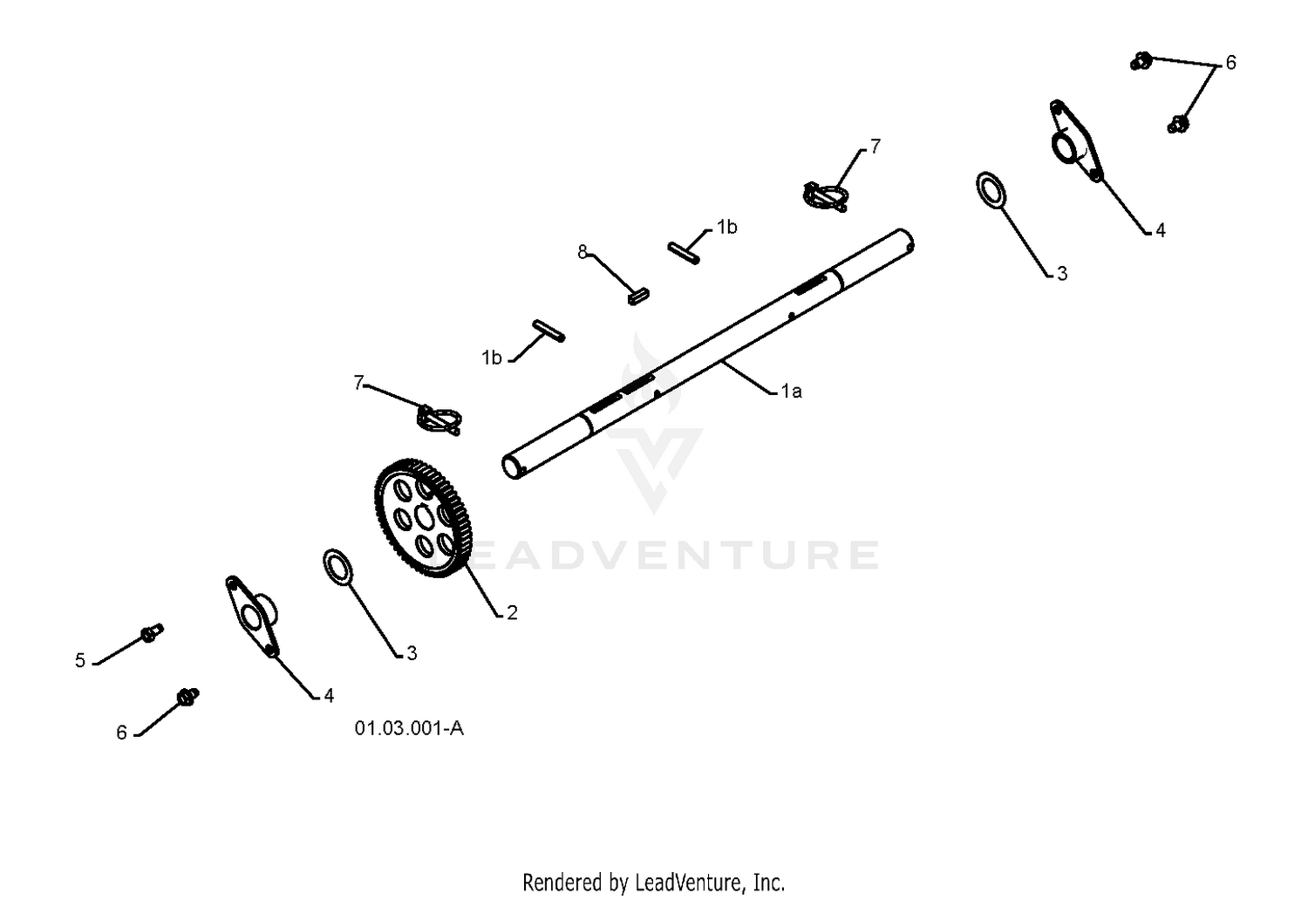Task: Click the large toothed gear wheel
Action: [423, 517]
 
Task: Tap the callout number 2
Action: [512, 613]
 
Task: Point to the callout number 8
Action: [582, 252]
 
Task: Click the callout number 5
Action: [80, 660]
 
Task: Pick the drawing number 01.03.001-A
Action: [409, 728]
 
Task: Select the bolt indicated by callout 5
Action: [152, 633]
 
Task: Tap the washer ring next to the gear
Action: [337, 567]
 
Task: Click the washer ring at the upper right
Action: [991, 190]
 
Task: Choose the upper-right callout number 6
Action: [1230, 63]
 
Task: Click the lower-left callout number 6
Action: [121, 733]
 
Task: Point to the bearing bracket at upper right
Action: [1075, 140]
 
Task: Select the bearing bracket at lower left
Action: [252, 617]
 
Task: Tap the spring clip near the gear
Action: [439, 419]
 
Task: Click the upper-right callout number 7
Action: [875, 147]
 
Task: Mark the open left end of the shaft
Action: [512, 467]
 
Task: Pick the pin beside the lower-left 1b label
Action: [548, 331]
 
